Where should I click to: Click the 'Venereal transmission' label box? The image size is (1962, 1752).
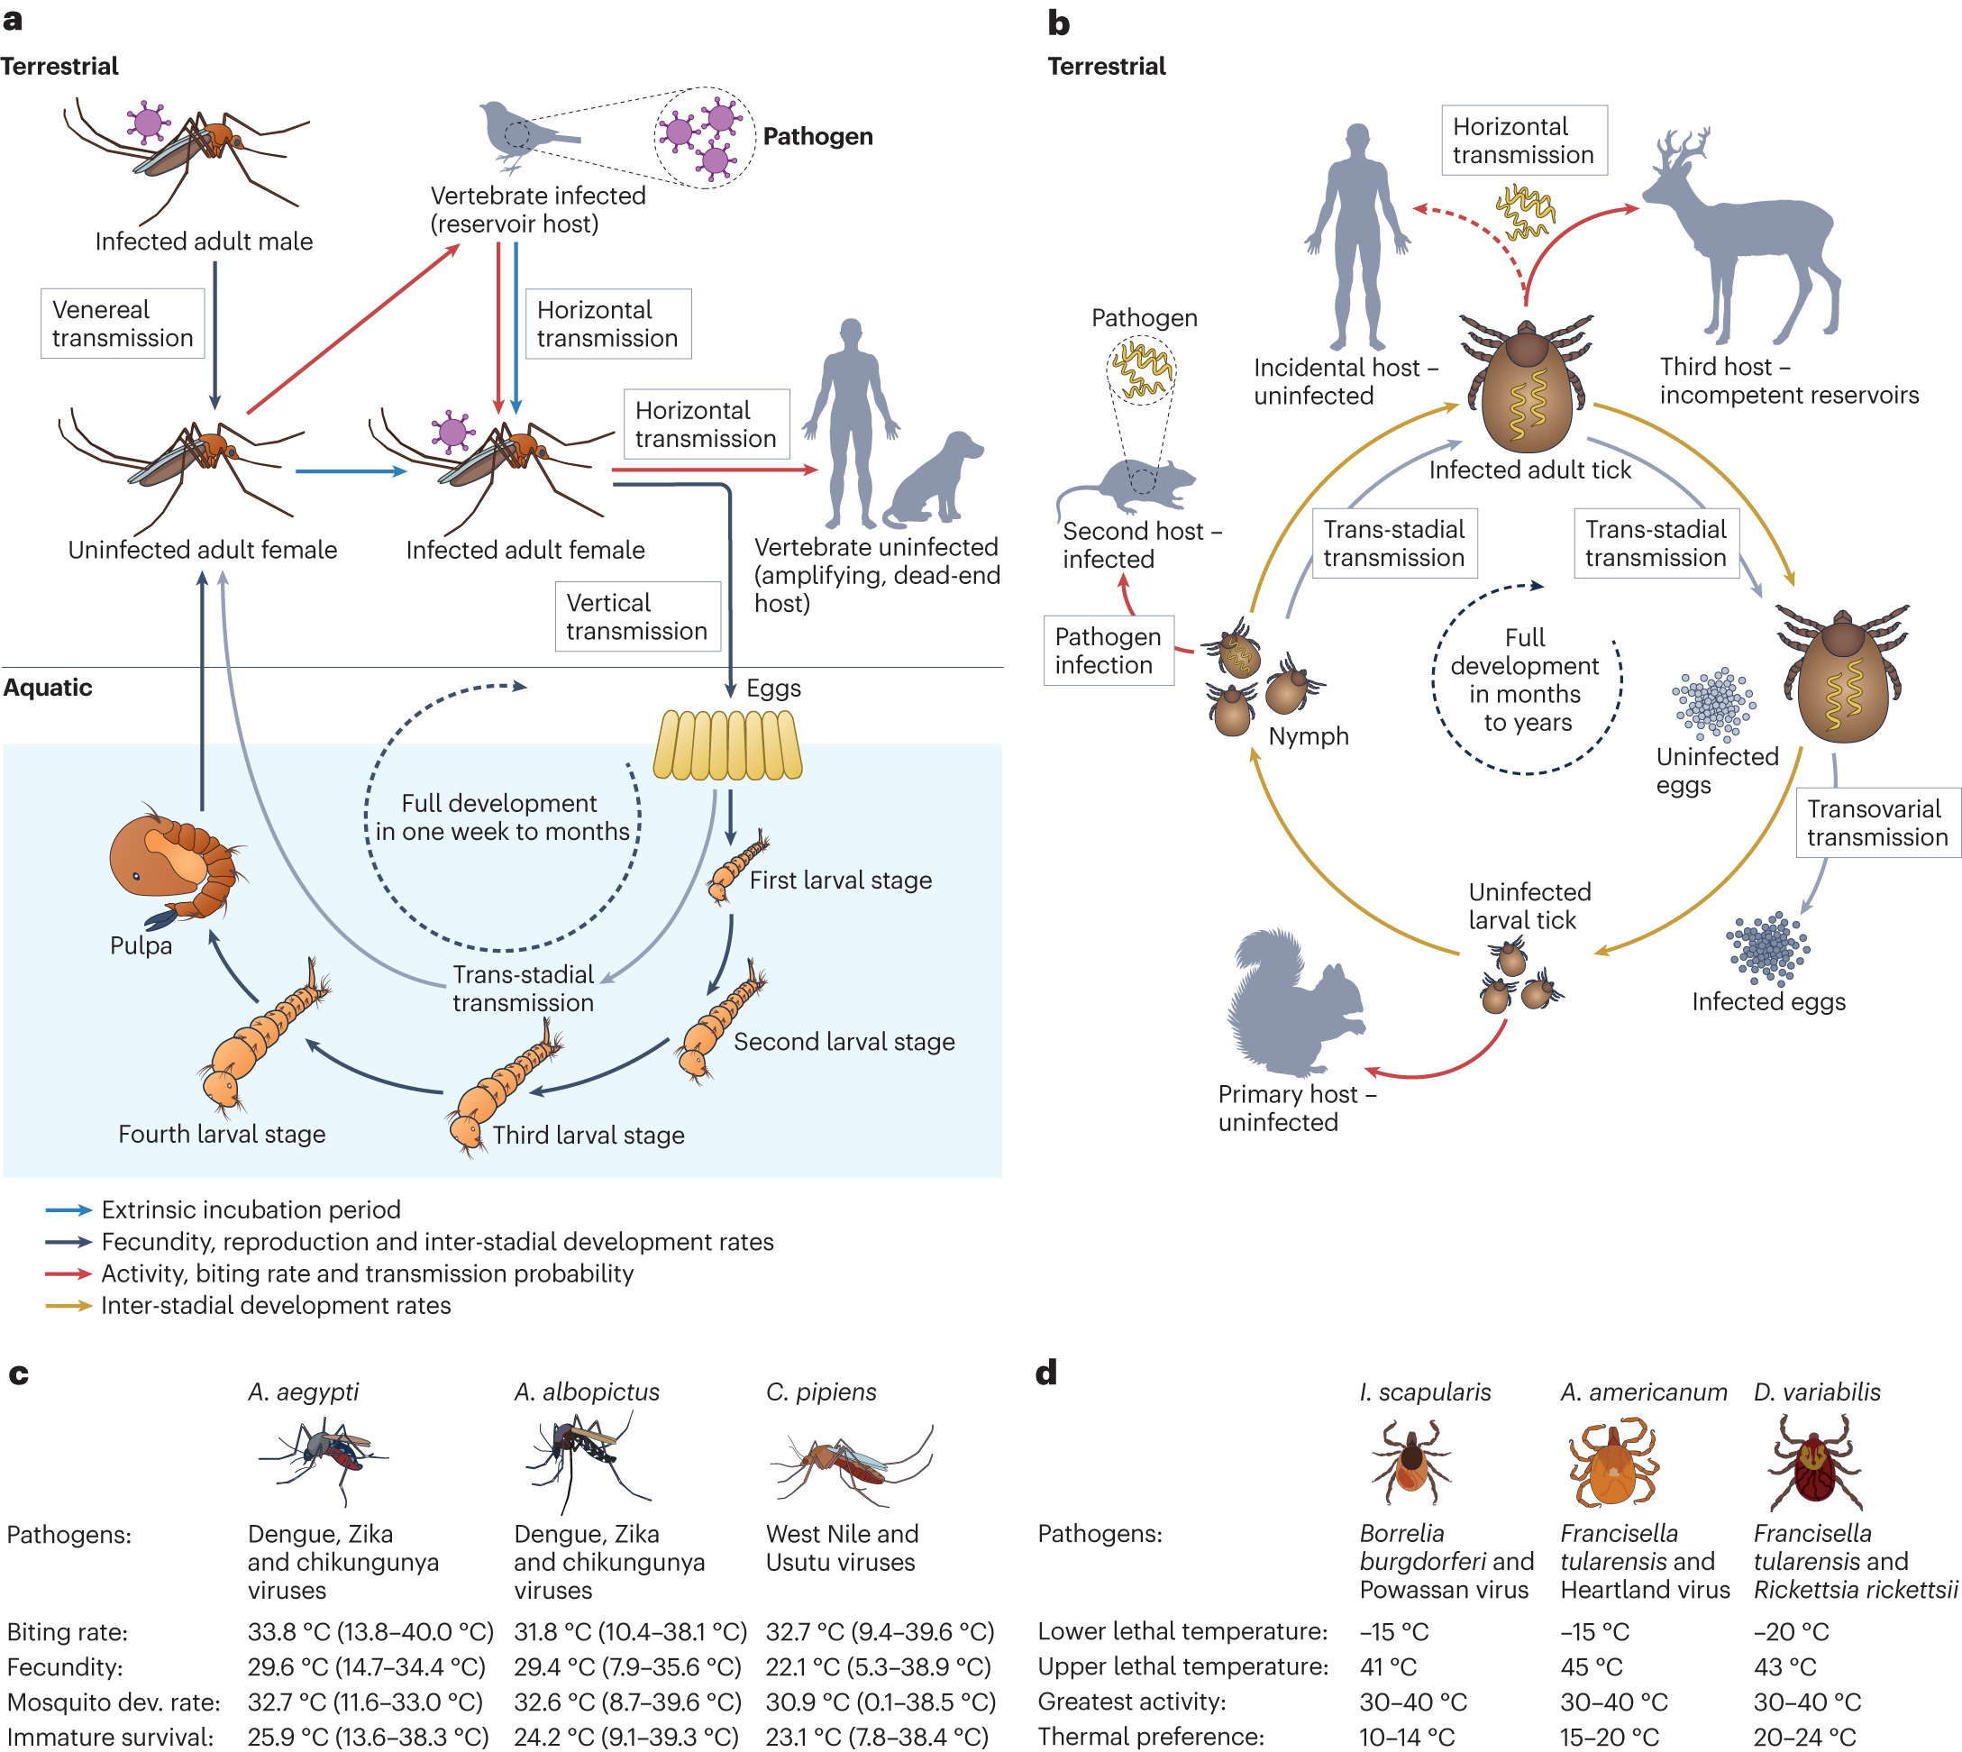pos(123,324)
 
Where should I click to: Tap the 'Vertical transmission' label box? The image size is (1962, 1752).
pos(637,616)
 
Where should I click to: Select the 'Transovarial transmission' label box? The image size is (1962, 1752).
pos(1877,822)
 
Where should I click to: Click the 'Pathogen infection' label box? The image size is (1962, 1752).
pos(1109,650)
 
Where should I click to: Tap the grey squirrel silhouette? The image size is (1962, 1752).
pos(1295,1001)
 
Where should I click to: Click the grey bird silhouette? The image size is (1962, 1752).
pos(525,135)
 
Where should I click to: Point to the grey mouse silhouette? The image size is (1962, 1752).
pos(1127,487)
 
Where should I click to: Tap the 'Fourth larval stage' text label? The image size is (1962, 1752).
pos(222,1134)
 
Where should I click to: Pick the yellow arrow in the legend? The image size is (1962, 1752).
pos(68,1306)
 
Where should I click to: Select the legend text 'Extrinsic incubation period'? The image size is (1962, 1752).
pos(251,1210)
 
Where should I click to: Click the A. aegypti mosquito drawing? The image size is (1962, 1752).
pos(324,1461)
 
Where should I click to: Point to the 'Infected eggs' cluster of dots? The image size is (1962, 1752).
pos(1767,949)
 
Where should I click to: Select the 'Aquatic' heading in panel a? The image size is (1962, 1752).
pos(48,688)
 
